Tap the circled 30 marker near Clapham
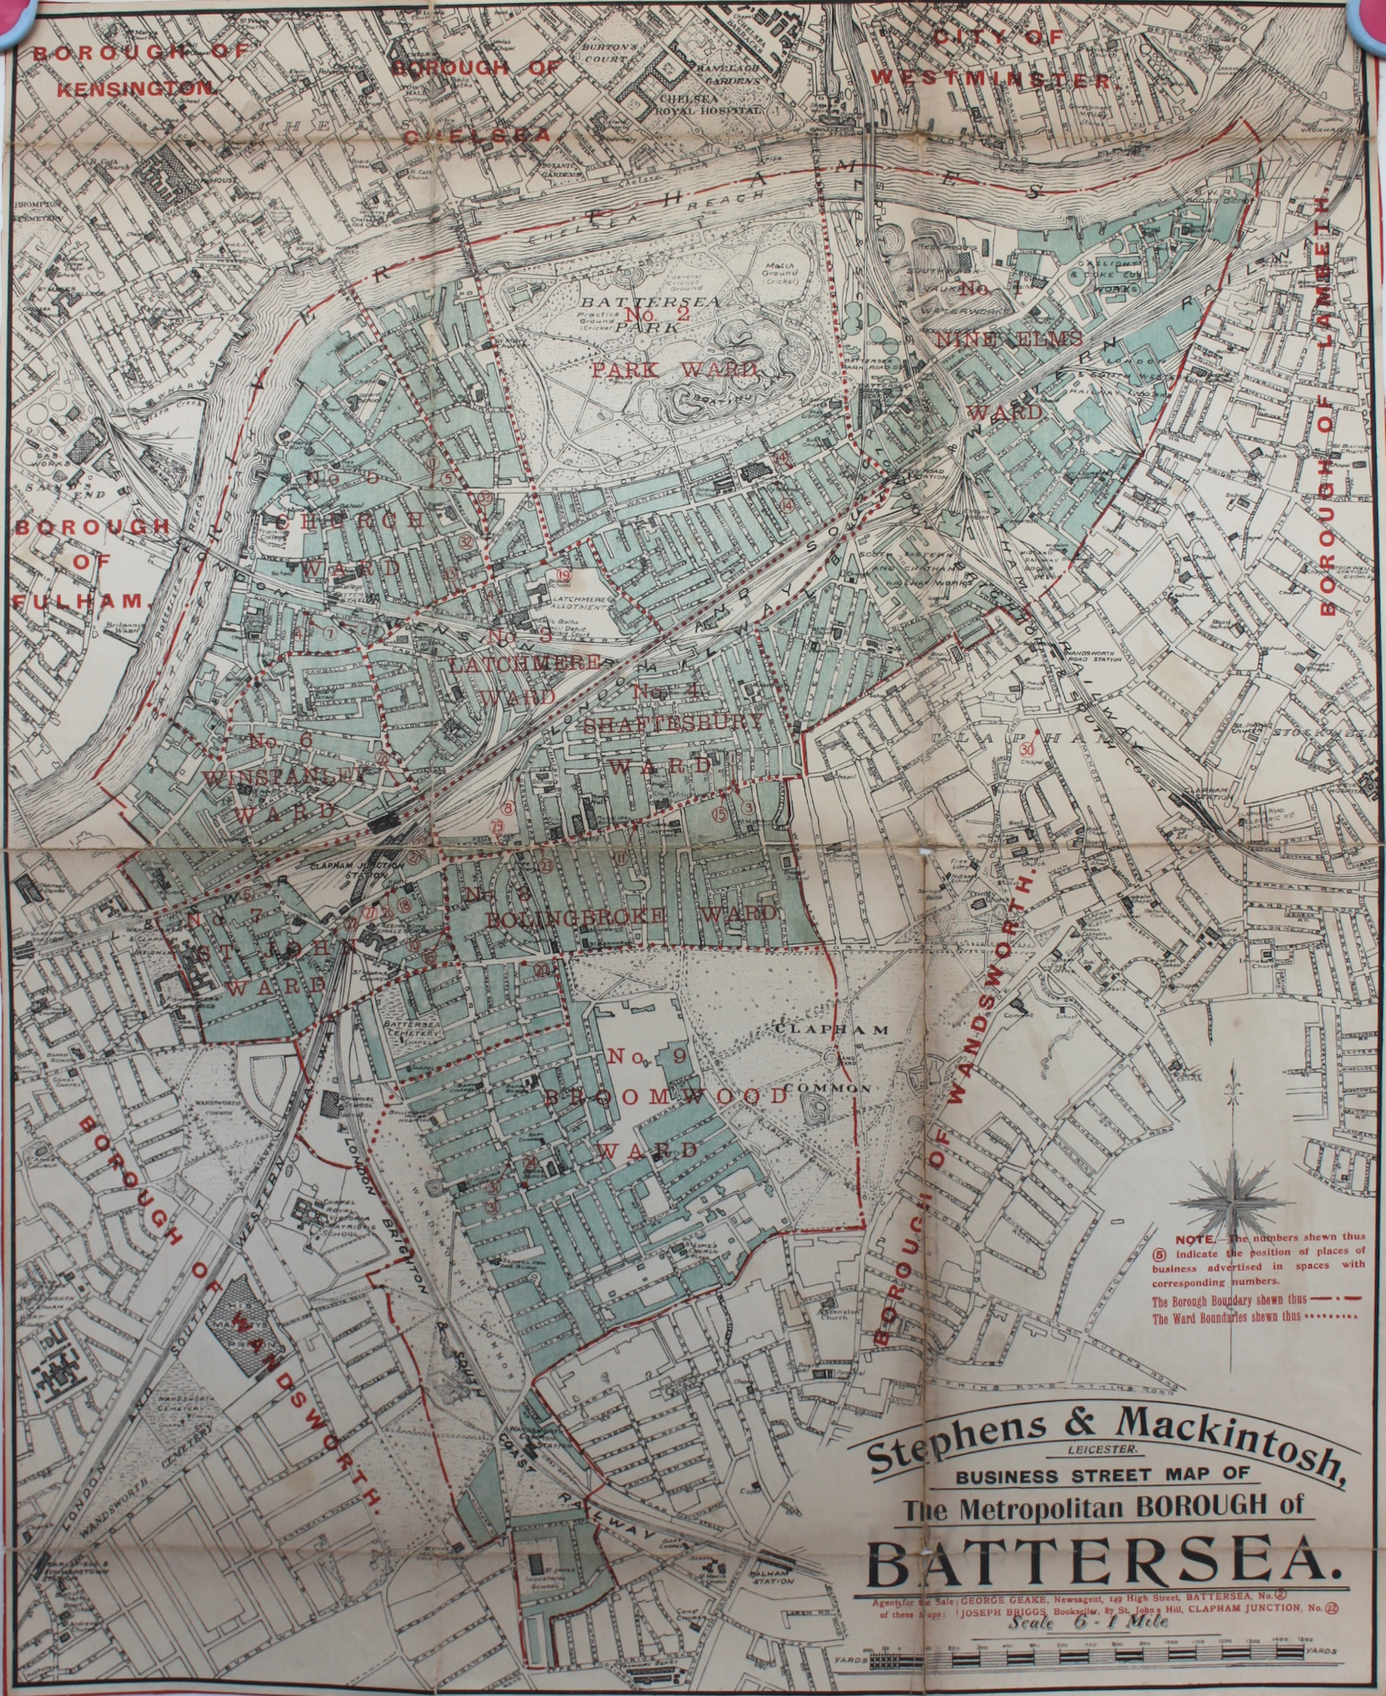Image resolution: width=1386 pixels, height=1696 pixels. [x=1027, y=750]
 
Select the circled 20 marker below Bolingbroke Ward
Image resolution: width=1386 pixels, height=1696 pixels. [x=542, y=968]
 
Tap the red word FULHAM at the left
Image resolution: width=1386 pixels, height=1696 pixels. [x=81, y=600]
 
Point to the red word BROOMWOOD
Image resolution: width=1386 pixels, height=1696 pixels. [x=665, y=1095]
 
